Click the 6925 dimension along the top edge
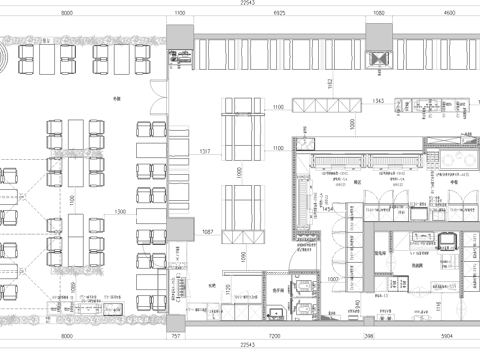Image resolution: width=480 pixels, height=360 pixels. (x=279, y=13)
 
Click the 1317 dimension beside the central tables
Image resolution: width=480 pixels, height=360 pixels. (x=205, y=151)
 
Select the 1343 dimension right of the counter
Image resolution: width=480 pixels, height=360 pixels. (x=378, y=101)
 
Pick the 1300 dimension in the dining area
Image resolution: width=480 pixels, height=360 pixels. (x=120, y=213)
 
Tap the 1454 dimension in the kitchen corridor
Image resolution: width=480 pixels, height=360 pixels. (x=327, y=209)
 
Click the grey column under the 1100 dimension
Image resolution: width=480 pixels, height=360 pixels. (x=180, y=58)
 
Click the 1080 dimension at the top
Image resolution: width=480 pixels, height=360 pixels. (x=379, y=13)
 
